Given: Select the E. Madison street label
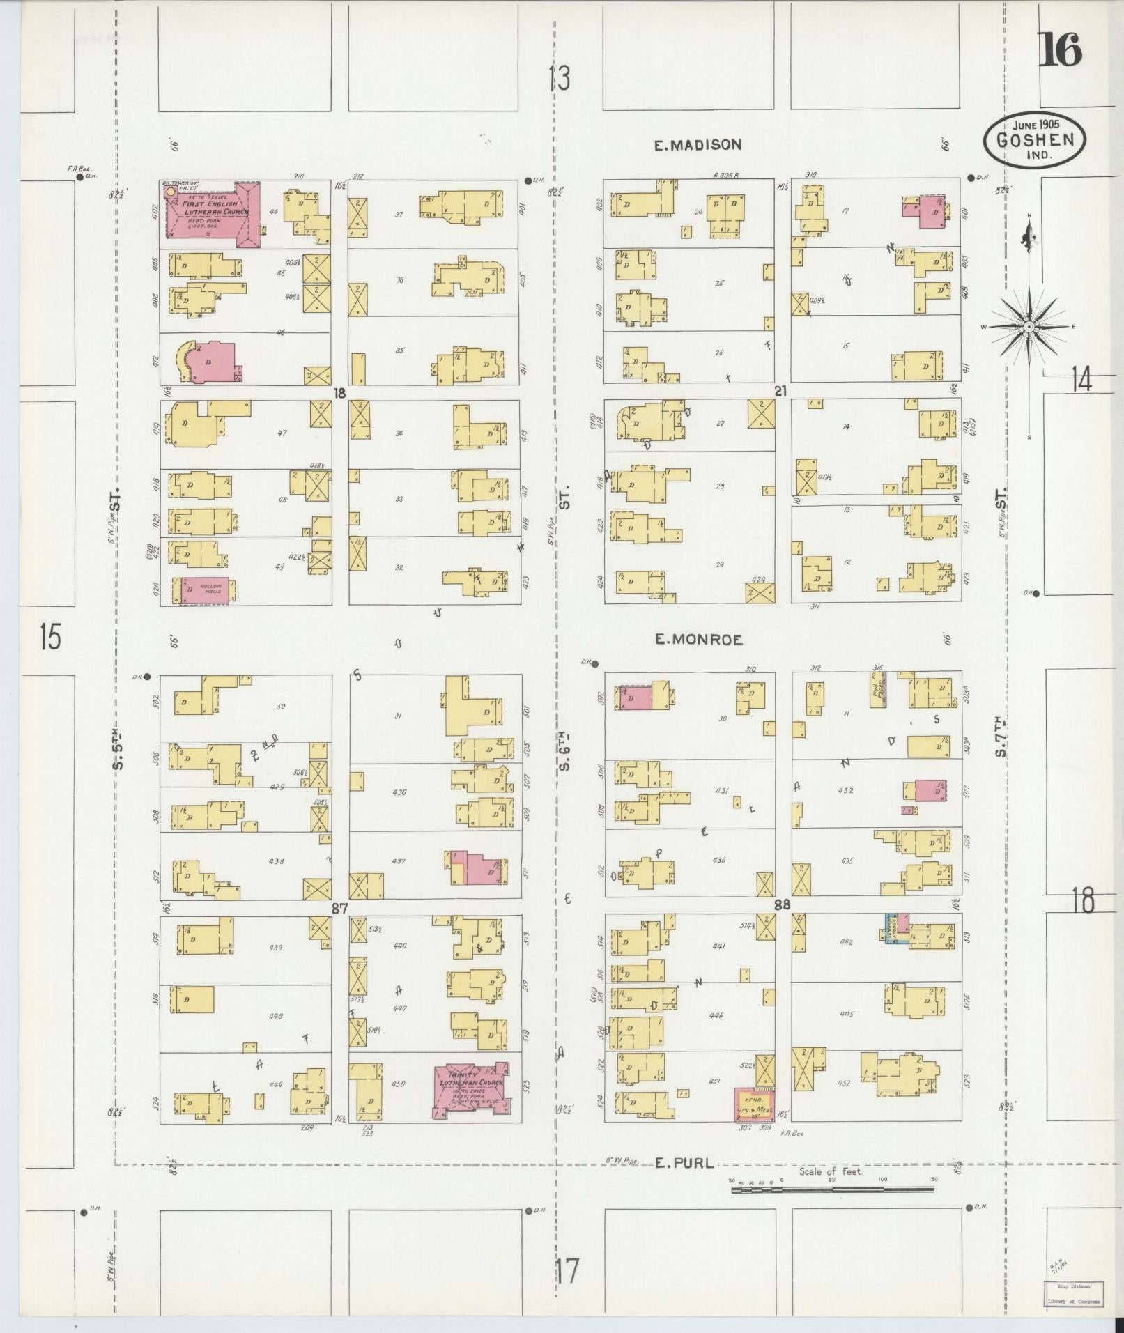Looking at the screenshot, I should tap(698, 145).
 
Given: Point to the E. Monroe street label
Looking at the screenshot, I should tap(699, 639).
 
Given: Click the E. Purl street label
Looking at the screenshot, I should tap(685, 1162).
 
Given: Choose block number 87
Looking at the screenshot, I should tap(339, 908).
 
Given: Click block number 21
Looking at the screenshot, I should tap(780, 392).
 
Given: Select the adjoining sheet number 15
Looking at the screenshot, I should tap(50, 637).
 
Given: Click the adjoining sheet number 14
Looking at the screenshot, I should tap(1081, 381).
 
